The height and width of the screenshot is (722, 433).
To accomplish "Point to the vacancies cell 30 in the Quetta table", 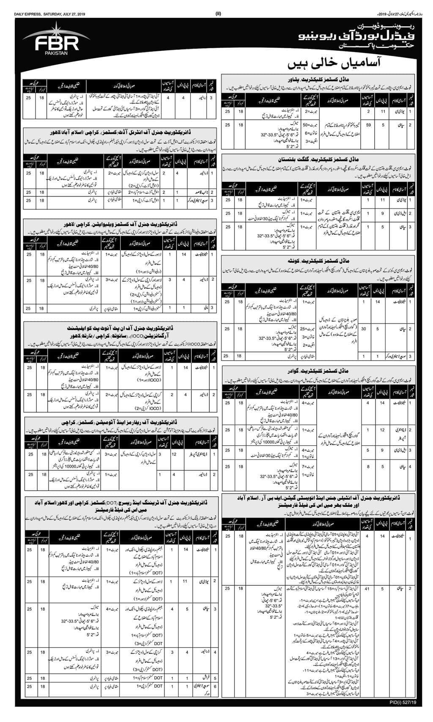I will pos(364,328).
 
